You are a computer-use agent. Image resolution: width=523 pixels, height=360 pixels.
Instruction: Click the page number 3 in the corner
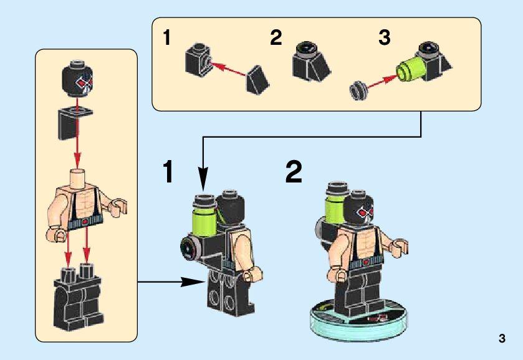click(x=502, y=338)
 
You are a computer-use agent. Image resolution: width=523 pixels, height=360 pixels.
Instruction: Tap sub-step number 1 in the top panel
click(x=167, y=37)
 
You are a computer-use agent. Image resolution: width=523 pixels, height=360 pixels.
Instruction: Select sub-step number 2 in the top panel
click(x=276, y=37)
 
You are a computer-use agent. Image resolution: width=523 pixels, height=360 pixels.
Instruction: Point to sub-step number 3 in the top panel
click(x=384, y=37)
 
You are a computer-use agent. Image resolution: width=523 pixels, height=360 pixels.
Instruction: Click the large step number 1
click(x=168, y=172)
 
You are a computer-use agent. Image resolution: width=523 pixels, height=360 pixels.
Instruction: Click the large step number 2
click(x=294, y=172)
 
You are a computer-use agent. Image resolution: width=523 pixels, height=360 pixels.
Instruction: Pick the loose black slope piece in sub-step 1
click(x=257, y=80)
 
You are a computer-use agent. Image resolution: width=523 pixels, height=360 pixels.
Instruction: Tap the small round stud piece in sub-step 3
click(x=359, y=90)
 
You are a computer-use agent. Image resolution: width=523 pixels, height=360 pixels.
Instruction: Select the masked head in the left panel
click(x=78, y=78)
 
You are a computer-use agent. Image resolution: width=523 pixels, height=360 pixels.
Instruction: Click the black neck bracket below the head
click(x=74, y=123)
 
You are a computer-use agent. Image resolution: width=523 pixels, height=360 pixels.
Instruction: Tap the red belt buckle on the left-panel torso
click(x=86, y=220)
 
